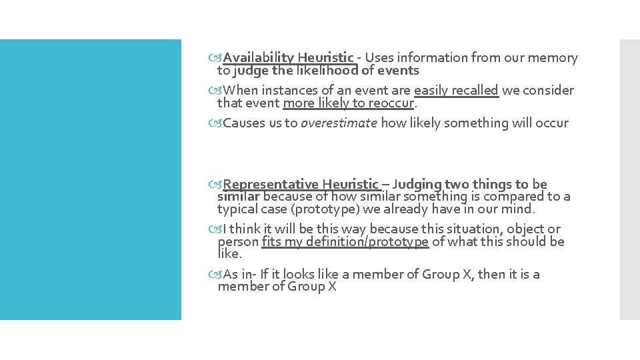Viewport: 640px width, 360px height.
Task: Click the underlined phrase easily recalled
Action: pos(456,90)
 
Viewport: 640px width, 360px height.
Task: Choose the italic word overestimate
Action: pos(339,123)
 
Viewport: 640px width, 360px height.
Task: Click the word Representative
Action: pos(271,184)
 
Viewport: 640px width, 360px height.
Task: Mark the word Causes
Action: pos(243,123)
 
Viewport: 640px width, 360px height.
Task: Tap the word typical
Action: pos(237,209)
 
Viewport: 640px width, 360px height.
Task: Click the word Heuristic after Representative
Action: pos(350,184)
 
